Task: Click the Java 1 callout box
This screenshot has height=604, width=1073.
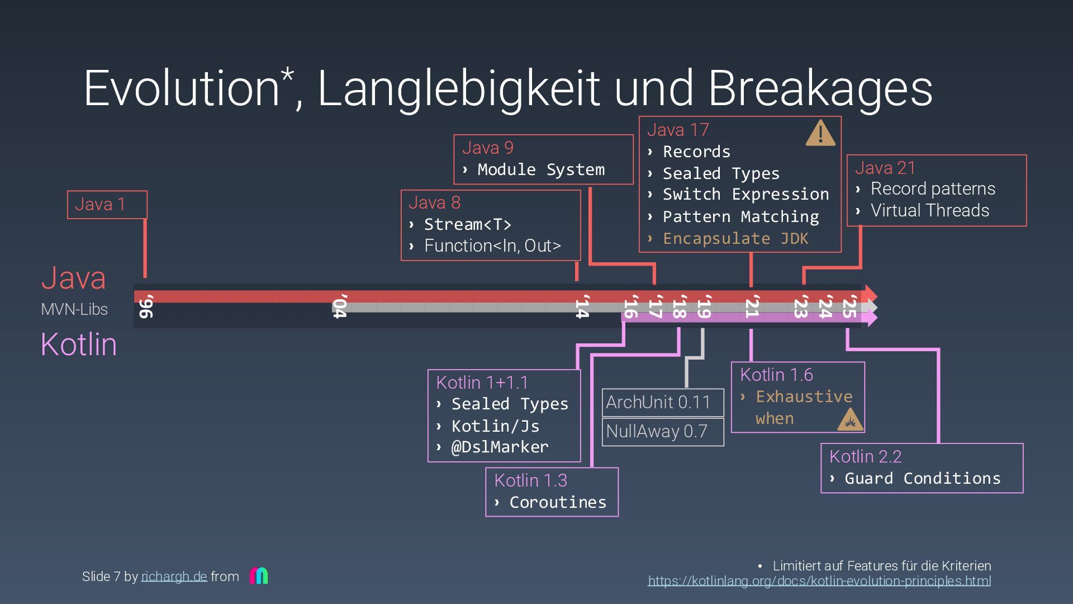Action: click(107, 205)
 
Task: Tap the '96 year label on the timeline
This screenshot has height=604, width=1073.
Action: click(146, 307)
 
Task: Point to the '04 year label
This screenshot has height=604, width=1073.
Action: click(340, 307)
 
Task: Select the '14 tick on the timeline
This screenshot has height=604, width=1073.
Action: click(582, 307)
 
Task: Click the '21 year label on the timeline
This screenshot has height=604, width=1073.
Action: click(752, 307)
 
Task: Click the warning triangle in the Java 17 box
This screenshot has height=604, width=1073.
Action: click(820, 134)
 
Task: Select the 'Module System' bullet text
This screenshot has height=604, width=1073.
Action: click(540, 169)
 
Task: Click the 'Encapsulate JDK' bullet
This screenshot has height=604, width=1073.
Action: click(735, 239)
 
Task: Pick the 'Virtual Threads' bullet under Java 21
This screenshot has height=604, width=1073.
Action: click(929, 211)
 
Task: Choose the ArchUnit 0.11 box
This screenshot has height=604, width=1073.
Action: click(663, 403)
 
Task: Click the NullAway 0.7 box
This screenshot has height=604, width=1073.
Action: click(663, 432)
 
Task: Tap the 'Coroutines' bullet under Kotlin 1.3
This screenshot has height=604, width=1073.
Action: click(557, 502)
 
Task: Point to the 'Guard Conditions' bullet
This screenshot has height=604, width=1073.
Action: click(922, 479)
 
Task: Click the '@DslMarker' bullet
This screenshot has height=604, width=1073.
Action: click(500, 447)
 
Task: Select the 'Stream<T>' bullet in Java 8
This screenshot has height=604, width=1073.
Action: click(467, 225)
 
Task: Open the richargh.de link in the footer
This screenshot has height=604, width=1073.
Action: click(174, 577)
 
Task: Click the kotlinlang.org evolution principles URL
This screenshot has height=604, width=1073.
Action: click(819, 581)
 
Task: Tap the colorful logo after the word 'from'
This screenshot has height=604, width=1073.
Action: click(259, 575)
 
